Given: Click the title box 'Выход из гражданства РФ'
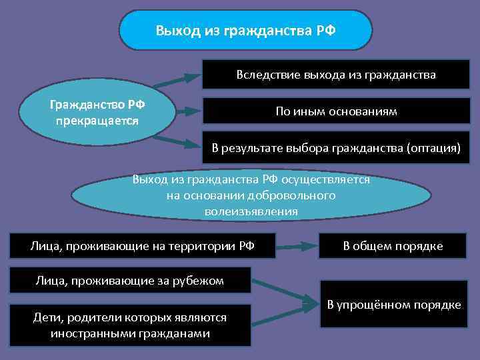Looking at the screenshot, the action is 245,31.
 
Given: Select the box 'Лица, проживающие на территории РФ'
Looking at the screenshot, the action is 143,246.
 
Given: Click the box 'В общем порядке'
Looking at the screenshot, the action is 393,246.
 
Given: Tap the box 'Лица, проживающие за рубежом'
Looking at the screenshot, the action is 129,280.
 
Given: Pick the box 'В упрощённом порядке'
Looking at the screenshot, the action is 394,305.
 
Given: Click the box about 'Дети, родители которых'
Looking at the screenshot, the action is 130,325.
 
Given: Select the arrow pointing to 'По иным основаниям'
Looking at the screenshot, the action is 187,111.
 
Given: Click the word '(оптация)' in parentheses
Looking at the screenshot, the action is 433,147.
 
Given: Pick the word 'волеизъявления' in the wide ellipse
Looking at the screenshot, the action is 251,211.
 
